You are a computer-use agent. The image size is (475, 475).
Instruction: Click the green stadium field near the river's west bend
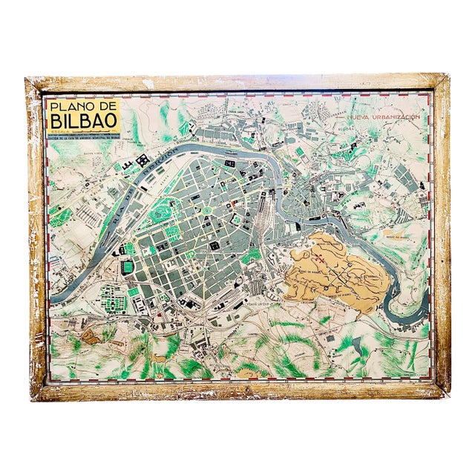point(128,249)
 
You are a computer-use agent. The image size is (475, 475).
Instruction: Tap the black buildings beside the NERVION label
point(141,159)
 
